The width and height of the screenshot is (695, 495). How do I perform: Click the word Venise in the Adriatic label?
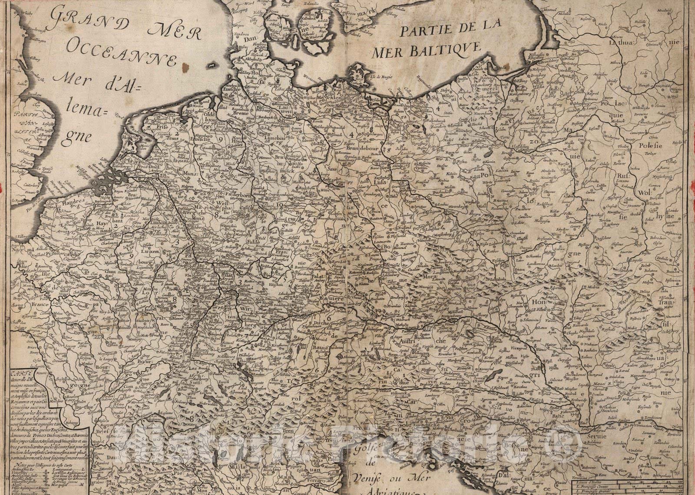pyautogui.click(x=362, y=479)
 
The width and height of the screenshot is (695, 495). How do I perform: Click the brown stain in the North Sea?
pyautogui.click(x=187, y=67)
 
